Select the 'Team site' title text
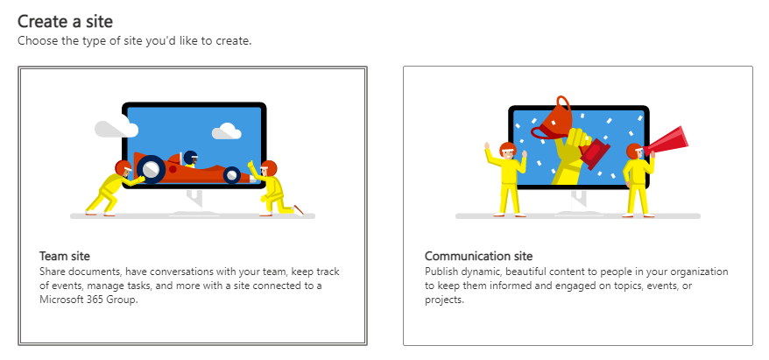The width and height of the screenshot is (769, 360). pos(65,256)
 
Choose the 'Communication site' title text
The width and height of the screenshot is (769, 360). pos(478,256)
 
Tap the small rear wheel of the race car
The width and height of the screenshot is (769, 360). pos(231,174)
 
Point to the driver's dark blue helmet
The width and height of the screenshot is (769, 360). pos(190,158)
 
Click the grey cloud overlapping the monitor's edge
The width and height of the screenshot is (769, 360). pos(115,130)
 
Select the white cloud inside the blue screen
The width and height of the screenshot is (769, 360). pos(227,131)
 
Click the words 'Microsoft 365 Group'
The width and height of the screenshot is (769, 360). pos(90,299)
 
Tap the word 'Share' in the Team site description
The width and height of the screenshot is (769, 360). pos(54,271)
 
